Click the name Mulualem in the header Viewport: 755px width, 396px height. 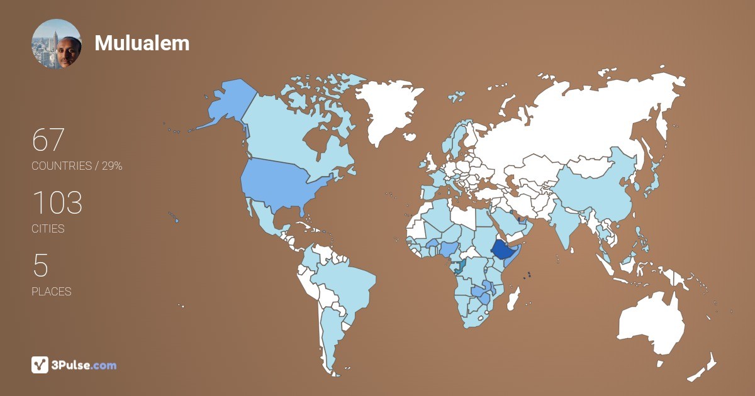(x=142, y=43)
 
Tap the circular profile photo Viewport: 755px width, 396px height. (x=57, y=43)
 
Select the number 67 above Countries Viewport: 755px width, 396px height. (x=48, y=140)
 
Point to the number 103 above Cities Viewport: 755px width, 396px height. (x=57, y=203)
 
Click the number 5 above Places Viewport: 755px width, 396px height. (x=40, y=266)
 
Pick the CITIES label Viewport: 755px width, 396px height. (x=48, y=229)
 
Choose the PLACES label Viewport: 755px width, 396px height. (x=51, y=292)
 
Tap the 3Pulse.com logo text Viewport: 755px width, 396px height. (x=84, y=365)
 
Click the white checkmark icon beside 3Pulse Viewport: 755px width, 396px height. (x=40, y=365)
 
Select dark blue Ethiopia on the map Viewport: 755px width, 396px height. (x=503, y=250)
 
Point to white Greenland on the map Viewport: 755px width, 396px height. (x=387, y=107)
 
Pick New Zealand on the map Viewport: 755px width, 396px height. (x=705, y=368)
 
